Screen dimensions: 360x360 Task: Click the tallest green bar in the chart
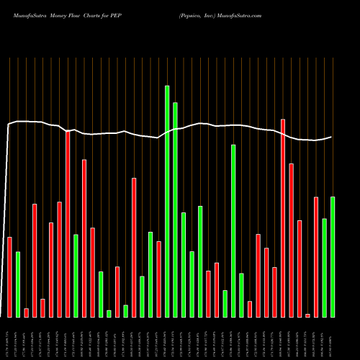click(167, 202)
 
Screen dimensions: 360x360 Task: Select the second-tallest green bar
click(175, 210)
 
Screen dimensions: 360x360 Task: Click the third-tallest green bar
click(233, 230)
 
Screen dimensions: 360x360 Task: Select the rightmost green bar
click(333, 256)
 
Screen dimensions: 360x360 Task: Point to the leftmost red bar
click(9, 276)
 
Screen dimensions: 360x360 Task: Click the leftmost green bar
click(18, 284)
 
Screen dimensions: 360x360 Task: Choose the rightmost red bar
click(316, 256)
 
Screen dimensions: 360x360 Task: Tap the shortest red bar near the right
click(307, 315)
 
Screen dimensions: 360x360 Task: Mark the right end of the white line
click(332, 137)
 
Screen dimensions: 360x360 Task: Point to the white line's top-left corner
click(9, 125)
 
